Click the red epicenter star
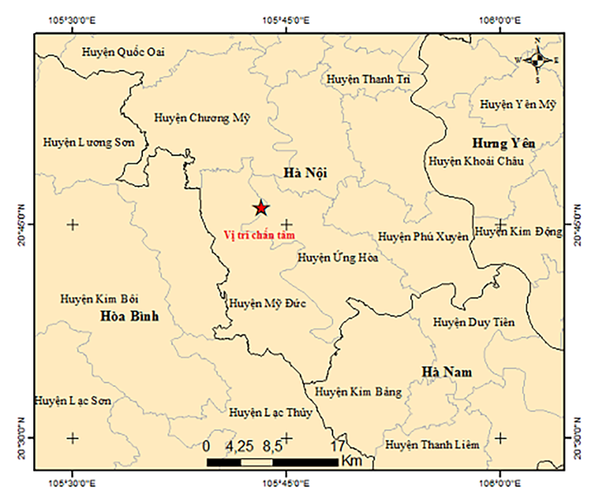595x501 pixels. point(261,208)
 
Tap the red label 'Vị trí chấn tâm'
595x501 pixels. point(259,235)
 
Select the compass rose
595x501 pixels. point(537,60)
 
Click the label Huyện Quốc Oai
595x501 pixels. point(123,52)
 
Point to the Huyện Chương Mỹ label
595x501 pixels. point(202,118)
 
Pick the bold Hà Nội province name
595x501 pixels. point(305,173)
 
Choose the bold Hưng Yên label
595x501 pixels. point(503,143)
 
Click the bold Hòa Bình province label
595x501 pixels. point(130,317)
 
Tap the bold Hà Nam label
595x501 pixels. point(447,372)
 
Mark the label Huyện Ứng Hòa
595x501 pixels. point(338,258)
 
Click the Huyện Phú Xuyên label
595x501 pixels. point(423,237)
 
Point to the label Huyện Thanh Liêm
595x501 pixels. point(432,444)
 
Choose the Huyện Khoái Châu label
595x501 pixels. point(476,161)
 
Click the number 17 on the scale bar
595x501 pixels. point(337,446)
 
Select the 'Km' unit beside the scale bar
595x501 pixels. point(349,461)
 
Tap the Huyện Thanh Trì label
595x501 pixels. point(368,79)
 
